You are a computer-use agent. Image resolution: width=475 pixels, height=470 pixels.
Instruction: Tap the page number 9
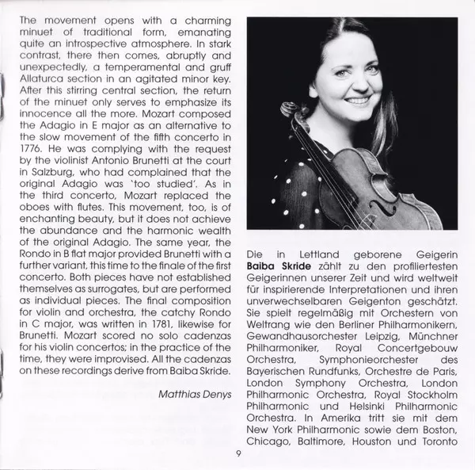point(237,454)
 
